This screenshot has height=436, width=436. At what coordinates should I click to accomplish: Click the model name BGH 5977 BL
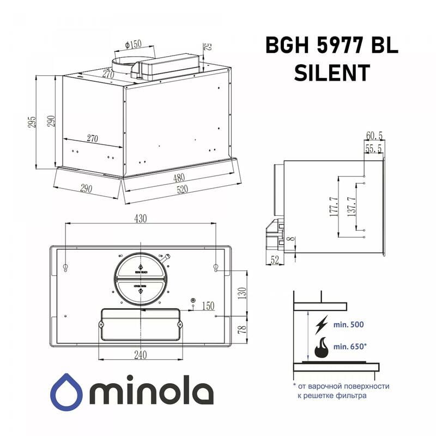pyautogui.click(x=331, y=46)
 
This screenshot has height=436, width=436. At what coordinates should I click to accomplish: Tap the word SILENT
pyautogui.click(x=331, y=72)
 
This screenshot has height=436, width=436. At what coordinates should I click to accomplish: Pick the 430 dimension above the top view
pyautogui.click(x=141, y=219)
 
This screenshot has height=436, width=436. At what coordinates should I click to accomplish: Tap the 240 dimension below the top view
pyautogui.click(x=140, y=355)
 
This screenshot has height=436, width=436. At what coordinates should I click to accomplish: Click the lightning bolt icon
pyautogui.click(x=322, y=324)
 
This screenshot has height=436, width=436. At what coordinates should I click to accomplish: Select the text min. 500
pyautogui.click(x=348, y=324)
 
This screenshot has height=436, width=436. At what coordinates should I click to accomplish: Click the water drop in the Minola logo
pyautogui.click(x=68, y=390)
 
